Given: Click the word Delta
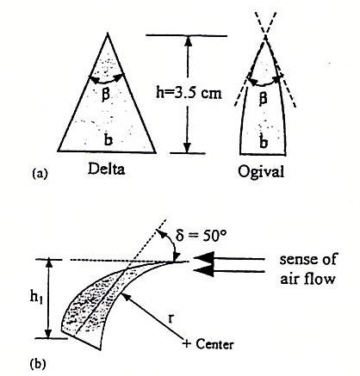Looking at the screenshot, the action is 107,169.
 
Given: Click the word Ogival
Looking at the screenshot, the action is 261,172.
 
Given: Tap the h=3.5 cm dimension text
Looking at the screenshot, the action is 189,93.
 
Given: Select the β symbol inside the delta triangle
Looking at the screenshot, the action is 106,95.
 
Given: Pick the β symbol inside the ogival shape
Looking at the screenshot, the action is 263,98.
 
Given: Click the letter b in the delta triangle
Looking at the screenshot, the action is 108,139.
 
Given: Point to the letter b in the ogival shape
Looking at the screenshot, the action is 264,142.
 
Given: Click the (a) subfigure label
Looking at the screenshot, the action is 40,174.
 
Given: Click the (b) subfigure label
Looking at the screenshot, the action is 38,364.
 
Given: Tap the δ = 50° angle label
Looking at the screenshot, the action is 201,236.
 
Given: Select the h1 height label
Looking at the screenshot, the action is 37,298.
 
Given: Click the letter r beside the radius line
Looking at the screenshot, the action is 171,317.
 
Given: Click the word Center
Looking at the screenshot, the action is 214,344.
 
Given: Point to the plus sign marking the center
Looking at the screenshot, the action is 187,343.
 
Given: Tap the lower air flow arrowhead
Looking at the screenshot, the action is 204,271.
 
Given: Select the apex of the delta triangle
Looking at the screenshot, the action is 108,34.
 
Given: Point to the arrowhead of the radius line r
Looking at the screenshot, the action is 125,298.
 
